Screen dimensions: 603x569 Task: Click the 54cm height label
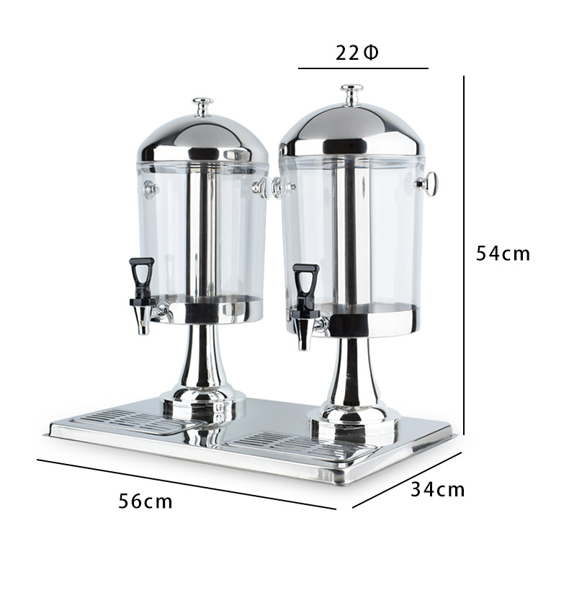point(503,254)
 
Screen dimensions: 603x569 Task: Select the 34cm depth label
point(438,490)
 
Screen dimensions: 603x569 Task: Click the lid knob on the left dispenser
point(202,107)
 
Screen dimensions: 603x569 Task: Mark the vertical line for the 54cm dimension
point(464,252)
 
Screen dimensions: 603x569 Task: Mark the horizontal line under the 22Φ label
point(363,68)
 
